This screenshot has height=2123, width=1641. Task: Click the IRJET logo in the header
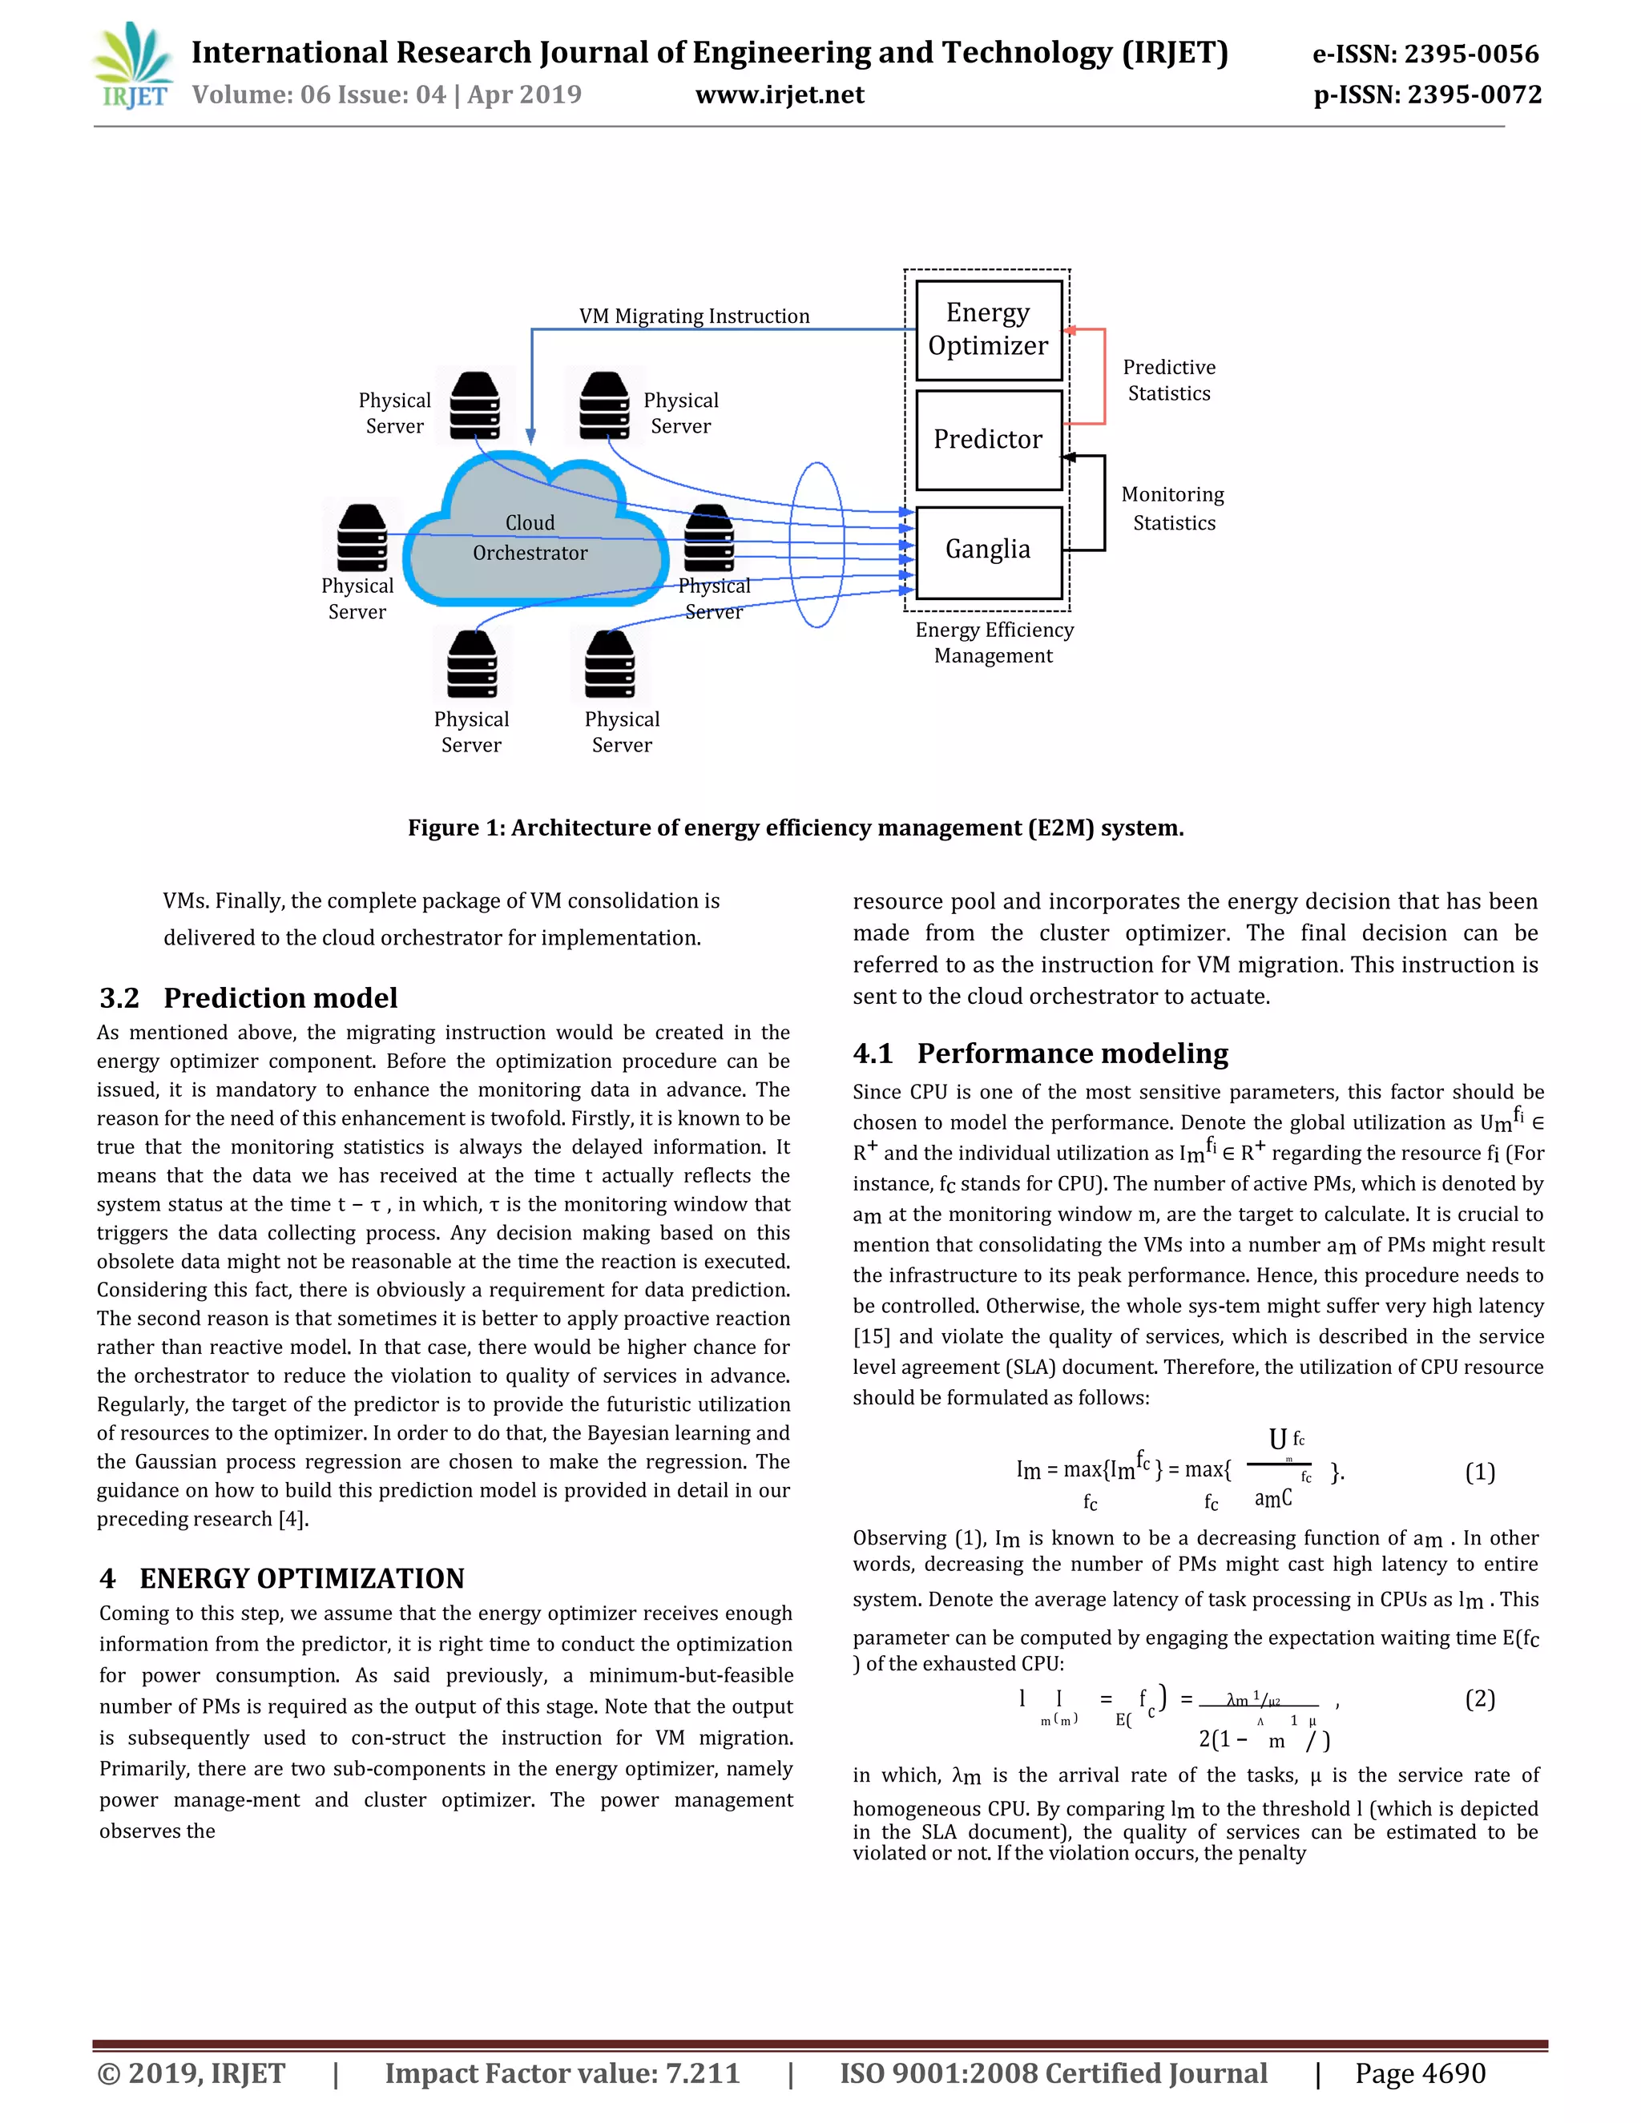[134, 66]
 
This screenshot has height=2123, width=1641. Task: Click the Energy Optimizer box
[988, 329]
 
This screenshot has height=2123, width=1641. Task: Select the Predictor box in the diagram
[988, 439]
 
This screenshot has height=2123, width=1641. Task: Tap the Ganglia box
[988, 550]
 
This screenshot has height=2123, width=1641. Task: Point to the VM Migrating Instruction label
[694, 316]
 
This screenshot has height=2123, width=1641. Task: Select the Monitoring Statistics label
[1172, 509]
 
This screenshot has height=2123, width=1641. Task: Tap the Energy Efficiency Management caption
[994, 643]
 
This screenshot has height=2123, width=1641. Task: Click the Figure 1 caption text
[795, 828]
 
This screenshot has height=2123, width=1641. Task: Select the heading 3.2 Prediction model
[249, 997]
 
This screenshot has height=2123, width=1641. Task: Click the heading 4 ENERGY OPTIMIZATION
[282, 1577]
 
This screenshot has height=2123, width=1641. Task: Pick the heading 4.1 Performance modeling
[1040, 1053]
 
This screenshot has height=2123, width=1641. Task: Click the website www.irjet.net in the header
[780, 95]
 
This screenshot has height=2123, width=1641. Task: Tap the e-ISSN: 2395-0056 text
[1425, 54]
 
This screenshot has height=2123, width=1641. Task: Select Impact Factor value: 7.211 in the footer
[562, 2073]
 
